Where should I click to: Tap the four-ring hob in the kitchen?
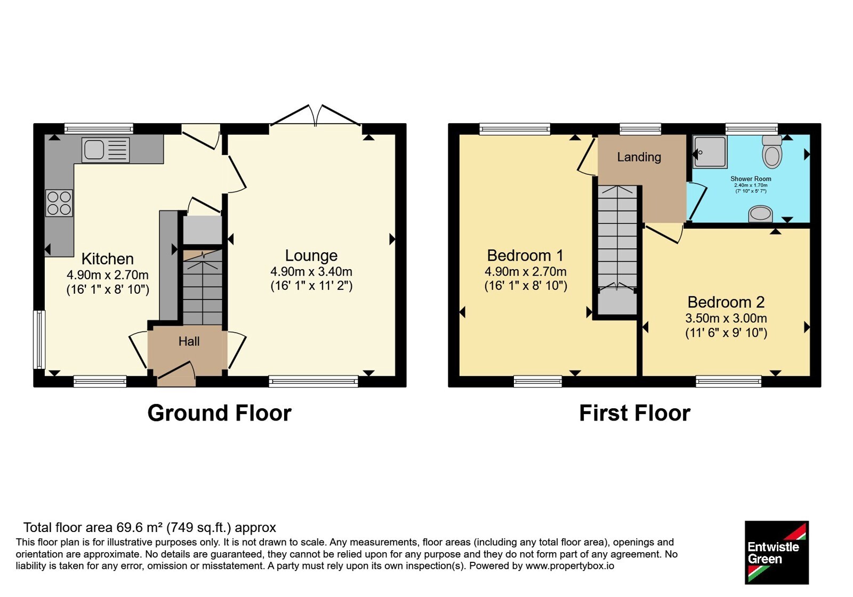point(59,203)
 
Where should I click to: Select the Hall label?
point(189,342)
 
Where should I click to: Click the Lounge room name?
point(311,255)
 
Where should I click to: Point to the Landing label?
point(639,157)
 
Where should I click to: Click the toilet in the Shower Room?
point(772,152)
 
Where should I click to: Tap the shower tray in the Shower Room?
point(710,151)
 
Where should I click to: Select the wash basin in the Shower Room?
point(760,214)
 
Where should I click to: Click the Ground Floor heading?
point(219,413)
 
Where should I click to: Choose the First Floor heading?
point(635,413)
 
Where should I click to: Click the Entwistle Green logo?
point(777,552)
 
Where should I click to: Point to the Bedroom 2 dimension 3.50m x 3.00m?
point(726,318)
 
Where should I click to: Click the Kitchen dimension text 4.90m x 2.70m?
point(107,275)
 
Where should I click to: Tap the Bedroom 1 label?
point(525,255)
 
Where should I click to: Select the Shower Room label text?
point(751,179)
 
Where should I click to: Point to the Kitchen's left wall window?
point(39,340)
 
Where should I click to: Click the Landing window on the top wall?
point(640,129)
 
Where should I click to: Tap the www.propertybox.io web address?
point(570,566)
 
